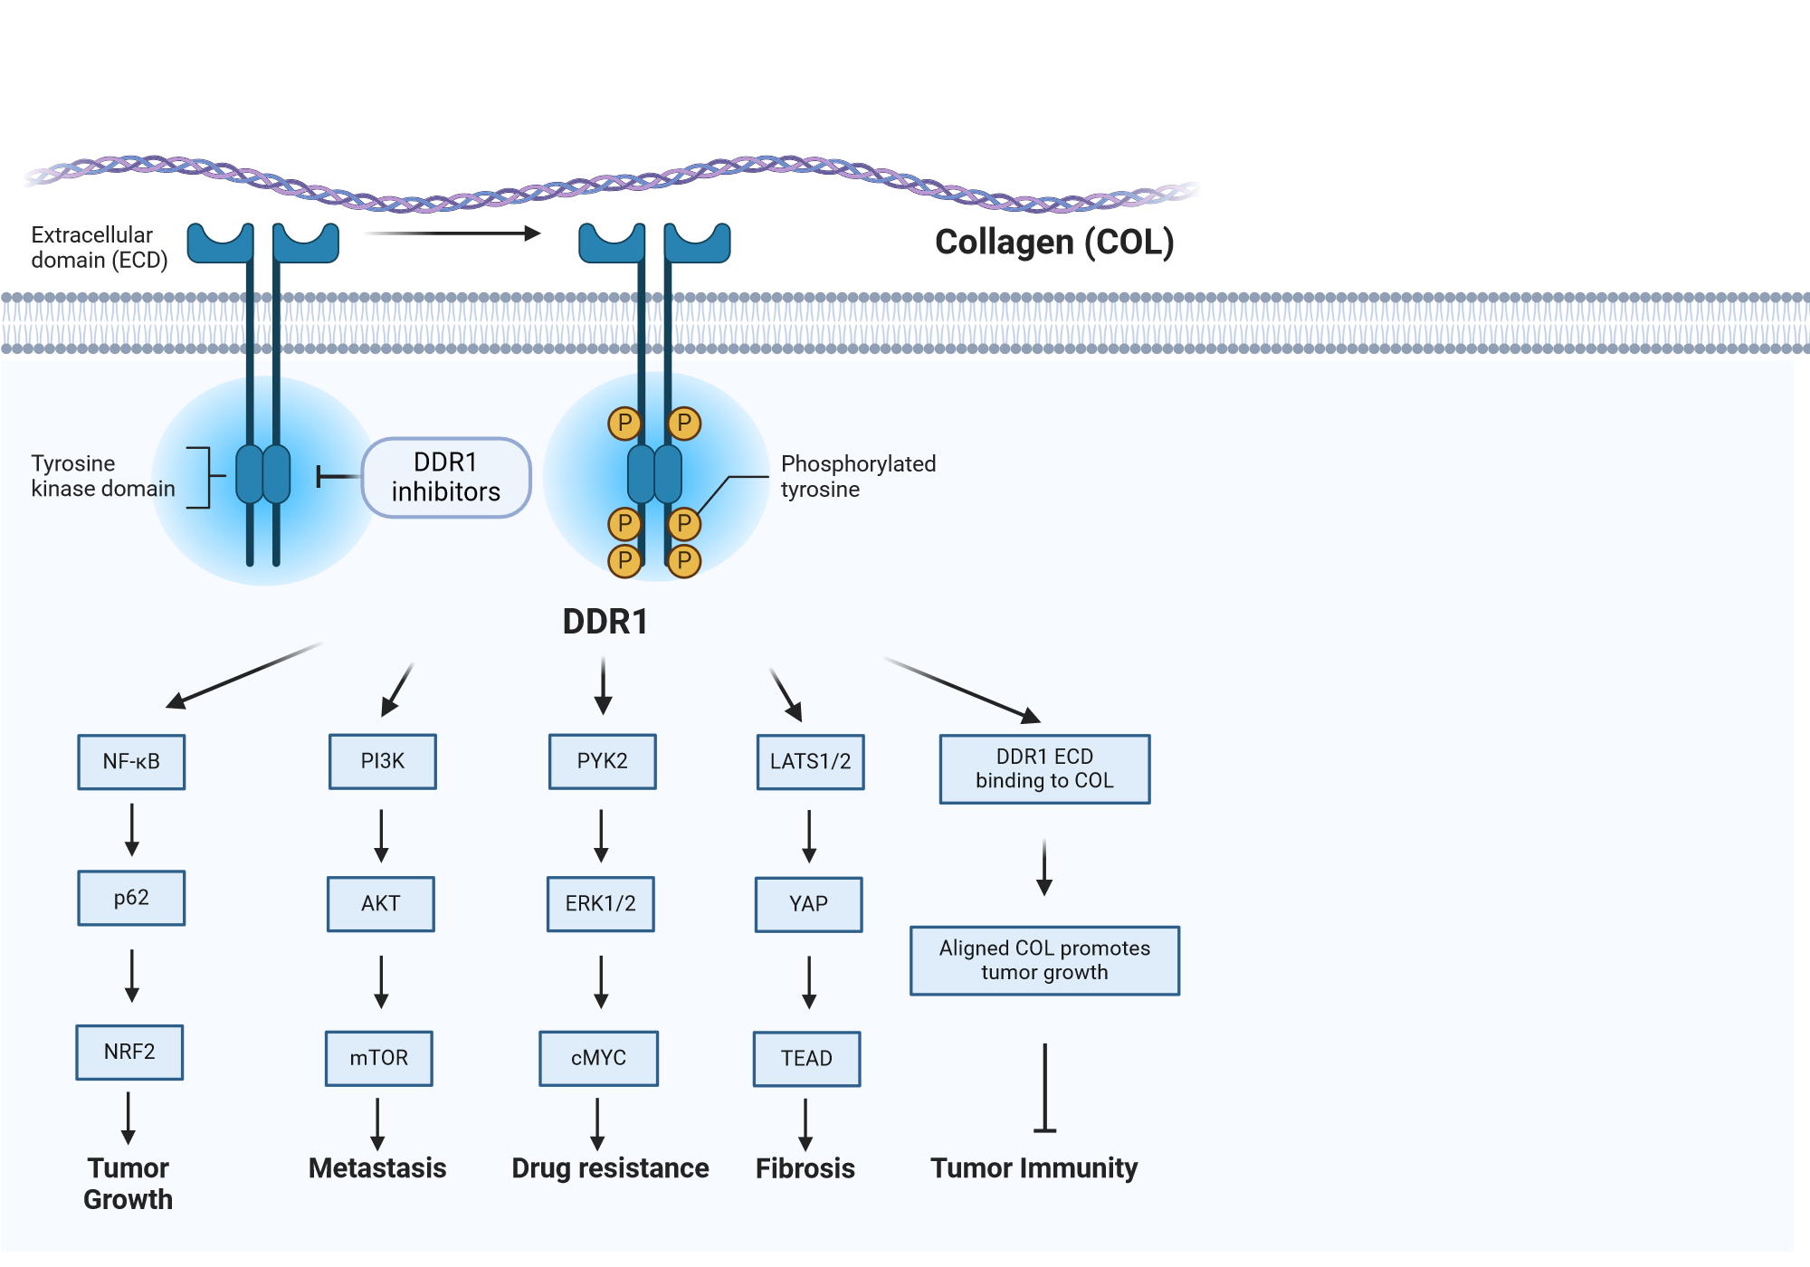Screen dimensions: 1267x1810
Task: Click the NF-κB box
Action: [x=131, y=762]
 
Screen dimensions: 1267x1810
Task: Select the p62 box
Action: [x=131, y=898]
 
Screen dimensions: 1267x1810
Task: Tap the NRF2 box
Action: [x=129, y=1052]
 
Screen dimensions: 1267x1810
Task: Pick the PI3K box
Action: [x=382, y=761]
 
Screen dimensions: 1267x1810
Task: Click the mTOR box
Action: [x=378, y=1058]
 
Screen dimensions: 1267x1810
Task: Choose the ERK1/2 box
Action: [x=600, y=903]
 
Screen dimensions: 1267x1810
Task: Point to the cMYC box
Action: [x=598, y=1058]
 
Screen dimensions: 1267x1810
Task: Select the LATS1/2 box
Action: [x=810, y=762]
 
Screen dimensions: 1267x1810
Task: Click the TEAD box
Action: [x=806, y=1058]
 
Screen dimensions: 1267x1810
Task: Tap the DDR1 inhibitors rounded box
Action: [x=445, y=477]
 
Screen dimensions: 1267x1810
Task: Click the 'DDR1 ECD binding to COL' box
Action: [x=1044, y=768]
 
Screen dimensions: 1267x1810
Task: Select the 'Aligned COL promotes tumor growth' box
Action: [x=1044, y=960]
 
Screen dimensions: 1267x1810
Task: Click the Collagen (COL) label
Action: [x=1054, y=242]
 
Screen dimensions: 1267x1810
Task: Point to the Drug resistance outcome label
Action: [x=610, y=1167]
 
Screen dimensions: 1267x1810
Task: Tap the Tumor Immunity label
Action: [x=1034, y=1167]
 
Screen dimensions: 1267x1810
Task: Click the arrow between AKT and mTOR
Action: [x=381, y=981]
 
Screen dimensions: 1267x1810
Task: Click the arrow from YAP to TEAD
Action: [x=809, y=981]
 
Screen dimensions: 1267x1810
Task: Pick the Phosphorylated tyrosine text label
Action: [x=857, y=476]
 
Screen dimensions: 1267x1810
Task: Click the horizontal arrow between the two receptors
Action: [x=452, y=233]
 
